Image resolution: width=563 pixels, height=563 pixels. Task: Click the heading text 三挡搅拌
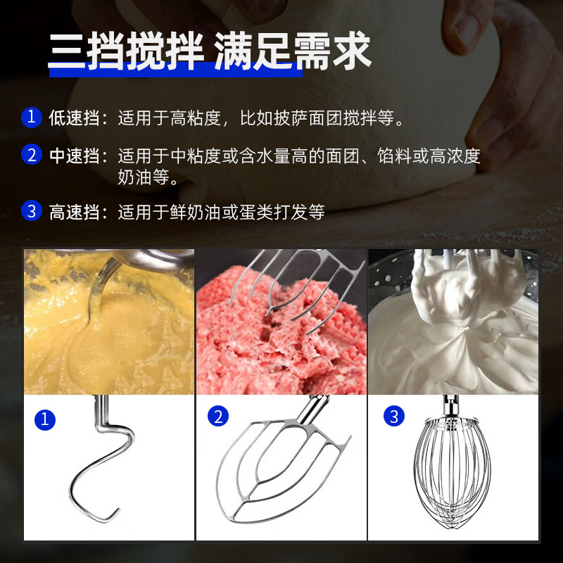(126, 51)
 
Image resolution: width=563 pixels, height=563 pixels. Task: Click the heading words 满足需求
(293, 51)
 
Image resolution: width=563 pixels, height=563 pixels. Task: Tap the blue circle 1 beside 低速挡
(32, 118)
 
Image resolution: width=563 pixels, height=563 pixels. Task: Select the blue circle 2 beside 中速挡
(32, 154)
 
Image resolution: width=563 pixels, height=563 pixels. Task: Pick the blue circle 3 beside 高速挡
(32, 210)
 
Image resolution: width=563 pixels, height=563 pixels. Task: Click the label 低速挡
(74, 118)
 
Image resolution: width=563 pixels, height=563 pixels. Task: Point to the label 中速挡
(74, 156)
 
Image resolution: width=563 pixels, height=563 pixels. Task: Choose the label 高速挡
(74, 212)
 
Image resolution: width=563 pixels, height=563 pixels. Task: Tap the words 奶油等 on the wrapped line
(144, 177)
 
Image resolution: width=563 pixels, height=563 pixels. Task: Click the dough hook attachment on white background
(102, 459)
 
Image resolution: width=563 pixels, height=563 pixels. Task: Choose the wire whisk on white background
(452, 463)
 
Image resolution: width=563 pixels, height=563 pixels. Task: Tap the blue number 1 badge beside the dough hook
(45, 419)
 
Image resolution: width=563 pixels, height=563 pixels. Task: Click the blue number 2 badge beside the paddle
(218, 416)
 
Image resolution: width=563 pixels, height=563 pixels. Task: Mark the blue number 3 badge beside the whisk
(394, 416)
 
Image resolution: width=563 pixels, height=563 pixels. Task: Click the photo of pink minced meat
(281, 322)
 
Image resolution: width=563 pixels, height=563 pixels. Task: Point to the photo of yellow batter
(109, 322)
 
